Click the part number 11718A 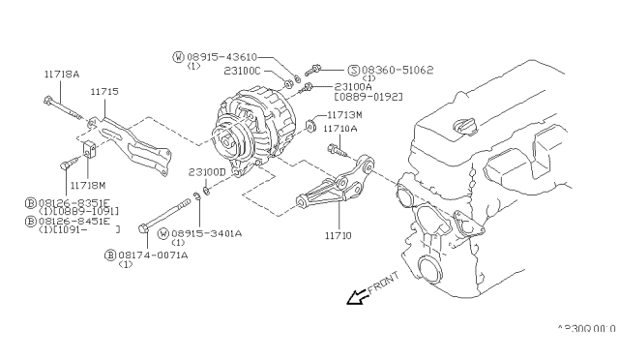59,73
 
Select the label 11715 104,91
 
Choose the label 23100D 206,172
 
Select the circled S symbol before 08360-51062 326,70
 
